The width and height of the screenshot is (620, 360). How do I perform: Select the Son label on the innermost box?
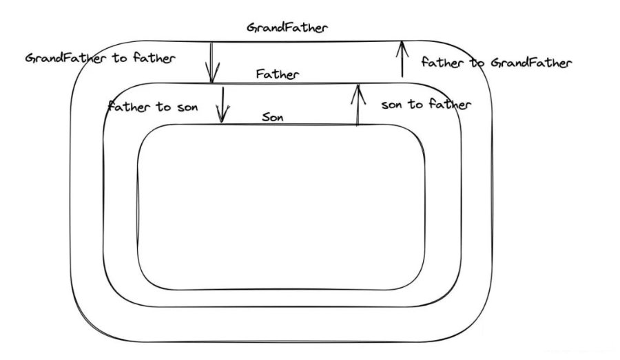(x=273, y=117)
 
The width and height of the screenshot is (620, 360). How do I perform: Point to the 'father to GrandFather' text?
(x=497, y=63)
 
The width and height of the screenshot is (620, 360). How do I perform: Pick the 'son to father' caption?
(x=426, y=105)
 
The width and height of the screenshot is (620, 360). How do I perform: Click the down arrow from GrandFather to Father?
(x=212, y=62)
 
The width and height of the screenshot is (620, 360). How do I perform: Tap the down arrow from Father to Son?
(x=222, y=104)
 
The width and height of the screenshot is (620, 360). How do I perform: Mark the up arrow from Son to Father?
(x=357, y=105)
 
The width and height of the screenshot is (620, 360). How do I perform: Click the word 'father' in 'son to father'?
(x=448, y=105)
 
